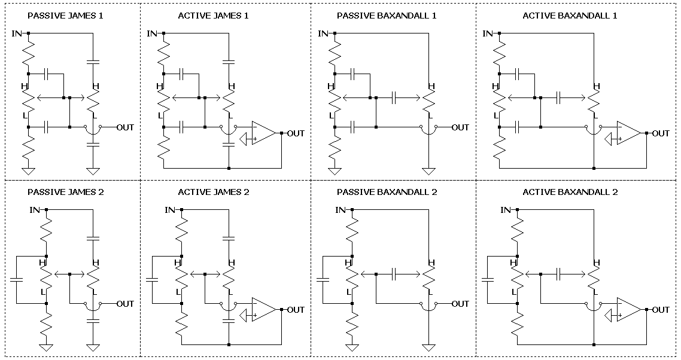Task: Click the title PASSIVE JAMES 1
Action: pos(65,16)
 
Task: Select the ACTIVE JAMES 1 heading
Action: pos(213,16)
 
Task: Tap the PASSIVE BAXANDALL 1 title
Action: pos(387,16)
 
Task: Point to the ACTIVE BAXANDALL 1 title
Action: pos(570,16)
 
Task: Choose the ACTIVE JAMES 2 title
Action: pos(213,192)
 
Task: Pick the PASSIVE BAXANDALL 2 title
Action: pos(387,192)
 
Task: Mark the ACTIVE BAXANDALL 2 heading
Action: pos(570,192)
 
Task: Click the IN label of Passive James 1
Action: pos(17,33)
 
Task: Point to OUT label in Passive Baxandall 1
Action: pos(460,127)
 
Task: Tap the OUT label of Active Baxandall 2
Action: pos(661,309)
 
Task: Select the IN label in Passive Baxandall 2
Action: pos(340,210)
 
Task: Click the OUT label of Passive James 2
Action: pos(125,303)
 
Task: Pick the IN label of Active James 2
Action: pos(171,210)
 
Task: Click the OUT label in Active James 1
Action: pos(296,133)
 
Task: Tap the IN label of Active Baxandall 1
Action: pos(488,33)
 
